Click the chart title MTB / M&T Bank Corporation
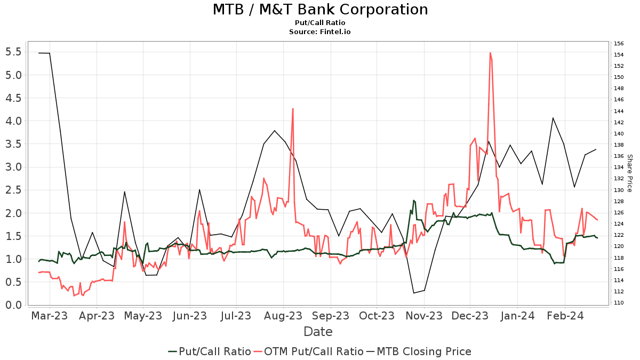tap(320, 10)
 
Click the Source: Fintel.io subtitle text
tap(320, 31)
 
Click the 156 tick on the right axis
tap(619, 44)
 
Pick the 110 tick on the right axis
tap(619, 303)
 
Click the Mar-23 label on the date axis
tap(50, 315)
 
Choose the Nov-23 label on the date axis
tap(424, 315)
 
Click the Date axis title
tap(318, 332)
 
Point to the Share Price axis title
tap(629, 173)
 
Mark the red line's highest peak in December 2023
tap(490, 53)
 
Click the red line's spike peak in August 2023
tap(293, 109)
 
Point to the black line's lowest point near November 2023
tap(414, 293)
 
